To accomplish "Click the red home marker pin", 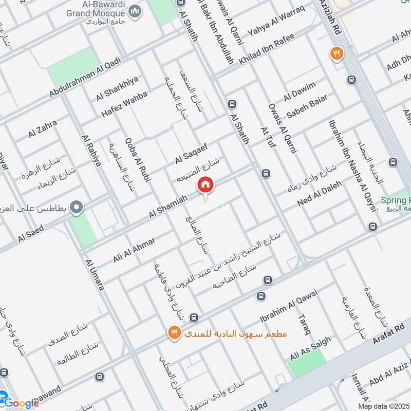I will (x=206, y=184).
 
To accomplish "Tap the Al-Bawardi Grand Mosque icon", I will (x=135, y=12).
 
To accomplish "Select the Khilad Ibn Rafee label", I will (x=267, y=49).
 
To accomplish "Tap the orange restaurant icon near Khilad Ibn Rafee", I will (x=337, y=53).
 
